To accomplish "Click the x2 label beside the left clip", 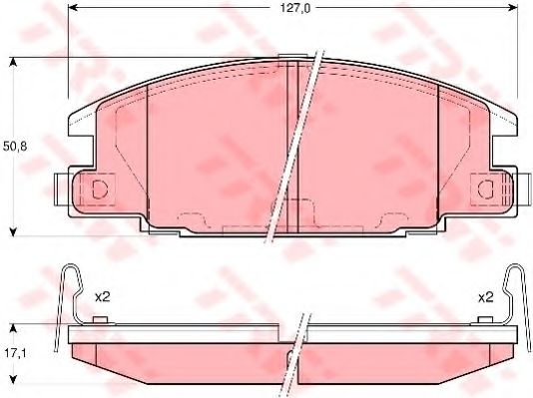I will coord(101,296).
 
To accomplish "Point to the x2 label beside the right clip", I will coord(486,296).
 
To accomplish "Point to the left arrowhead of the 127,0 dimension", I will coord(72,11).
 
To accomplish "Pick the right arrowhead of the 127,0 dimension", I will coord(514,11).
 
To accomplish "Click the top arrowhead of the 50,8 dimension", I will coord(14,62).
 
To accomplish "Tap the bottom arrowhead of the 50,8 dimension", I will coord(14,230).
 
